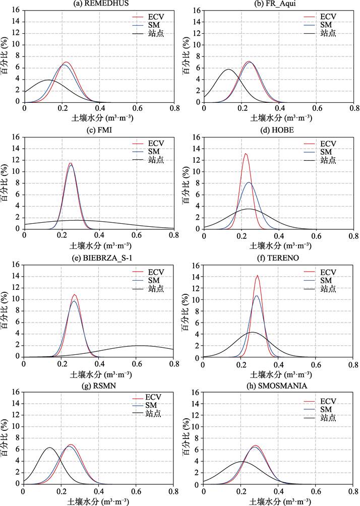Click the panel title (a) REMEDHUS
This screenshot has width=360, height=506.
click(99, 4)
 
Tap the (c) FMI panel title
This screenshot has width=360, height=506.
click(99, 131)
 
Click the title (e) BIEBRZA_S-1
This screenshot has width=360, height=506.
click(99, 259)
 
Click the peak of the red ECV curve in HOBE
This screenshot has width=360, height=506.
click(246, 154)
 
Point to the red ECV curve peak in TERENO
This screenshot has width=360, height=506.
click(258, 276)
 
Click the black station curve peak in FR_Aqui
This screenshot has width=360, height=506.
click(228, 69)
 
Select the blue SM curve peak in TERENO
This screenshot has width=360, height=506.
click(257, 296)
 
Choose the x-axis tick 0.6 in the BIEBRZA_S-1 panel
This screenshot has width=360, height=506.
click(136, 361)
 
